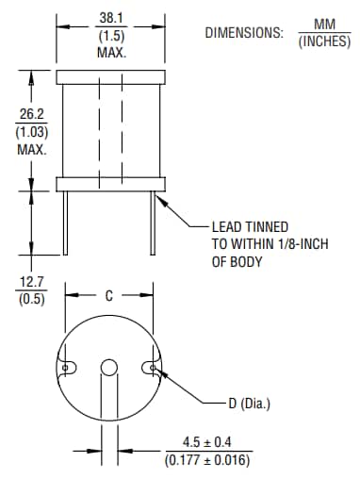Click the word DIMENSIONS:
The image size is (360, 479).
click(x=243, y=33)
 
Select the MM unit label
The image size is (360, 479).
click(x=324, y=24)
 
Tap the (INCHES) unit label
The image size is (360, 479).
click(x=324, y=41)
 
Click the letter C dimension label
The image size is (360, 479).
click(x=109, y=295)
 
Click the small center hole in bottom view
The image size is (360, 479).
click(x=109, y=367)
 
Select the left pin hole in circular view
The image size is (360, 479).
click(x=67, y=367)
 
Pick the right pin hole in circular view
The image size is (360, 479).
click(x=152, y=367)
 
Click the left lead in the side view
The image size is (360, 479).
click(x=66, y=221)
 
